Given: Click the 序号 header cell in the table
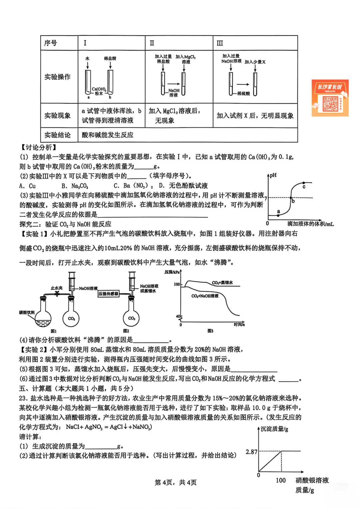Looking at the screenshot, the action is (x=51, y=43).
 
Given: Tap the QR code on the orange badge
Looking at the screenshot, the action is (x=330, y=104).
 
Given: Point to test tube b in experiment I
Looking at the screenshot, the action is (x=110, y=83).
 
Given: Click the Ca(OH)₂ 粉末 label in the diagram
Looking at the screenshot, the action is (x=99, y=91).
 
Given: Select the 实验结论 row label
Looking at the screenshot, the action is (x=58, y=135).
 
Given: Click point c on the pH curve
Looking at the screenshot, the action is (x=304, y=183).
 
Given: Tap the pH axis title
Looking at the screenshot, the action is (x=273, y=175).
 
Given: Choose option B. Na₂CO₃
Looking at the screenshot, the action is (x=75, y=186).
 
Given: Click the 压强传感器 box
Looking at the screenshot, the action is (x=108, y=294).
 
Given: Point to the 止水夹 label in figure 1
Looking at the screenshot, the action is (x=56, y=288).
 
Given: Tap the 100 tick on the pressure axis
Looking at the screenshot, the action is (x=177, y=284).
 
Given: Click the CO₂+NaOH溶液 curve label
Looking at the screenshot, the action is (x=205, y=296).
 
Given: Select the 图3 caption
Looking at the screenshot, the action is (x=210, y=331).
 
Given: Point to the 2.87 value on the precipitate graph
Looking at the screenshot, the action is (x=251, y=452).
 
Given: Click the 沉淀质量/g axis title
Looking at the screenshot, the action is (x=274, y=429).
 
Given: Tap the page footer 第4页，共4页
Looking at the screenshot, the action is (x=176, y=482).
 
